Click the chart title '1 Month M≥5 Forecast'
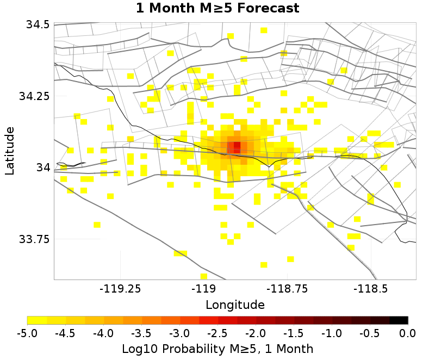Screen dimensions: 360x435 coord(217,9)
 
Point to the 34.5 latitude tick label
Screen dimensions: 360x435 coord(36,24)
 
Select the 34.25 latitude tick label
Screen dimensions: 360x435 coord(34,96)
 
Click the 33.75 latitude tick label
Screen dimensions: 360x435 coord(34,239)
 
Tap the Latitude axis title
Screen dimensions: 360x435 coord(10,151)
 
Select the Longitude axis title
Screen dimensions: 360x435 coord(235,305)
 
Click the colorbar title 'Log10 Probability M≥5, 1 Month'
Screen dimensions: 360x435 coord(217,348)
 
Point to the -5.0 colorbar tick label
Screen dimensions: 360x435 coord(27,333)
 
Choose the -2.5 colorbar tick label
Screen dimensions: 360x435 coord(217,333)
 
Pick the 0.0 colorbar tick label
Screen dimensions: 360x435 coord(408,333)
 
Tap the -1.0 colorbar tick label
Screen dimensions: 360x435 coord(332,333)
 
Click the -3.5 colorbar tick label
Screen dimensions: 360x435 coord(141,333)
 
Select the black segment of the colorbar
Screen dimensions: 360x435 coord(399,320)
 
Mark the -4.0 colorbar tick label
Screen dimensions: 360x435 coord(103,333)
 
